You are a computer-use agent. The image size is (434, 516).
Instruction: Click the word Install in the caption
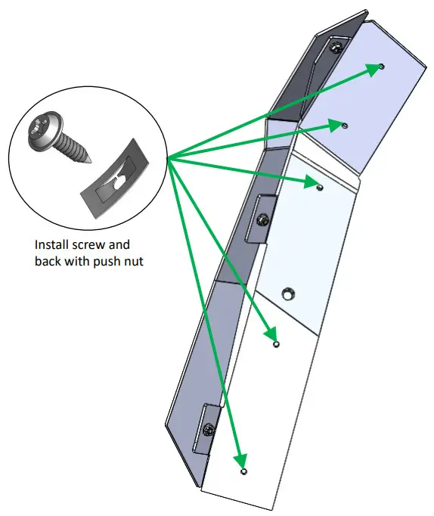pyautogui.click(x=52, y=246)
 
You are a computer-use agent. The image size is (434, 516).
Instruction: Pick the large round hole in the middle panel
pyautogui.click(x=288, y=292)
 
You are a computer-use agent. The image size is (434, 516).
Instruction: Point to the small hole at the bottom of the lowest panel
pyautogui.click(x=243, y=472)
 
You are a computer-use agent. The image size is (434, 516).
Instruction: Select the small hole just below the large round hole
pyautogui.click(x=276, y=343)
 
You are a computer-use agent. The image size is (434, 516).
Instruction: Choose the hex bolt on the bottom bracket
pyautogui.click(x=209, y=430)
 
